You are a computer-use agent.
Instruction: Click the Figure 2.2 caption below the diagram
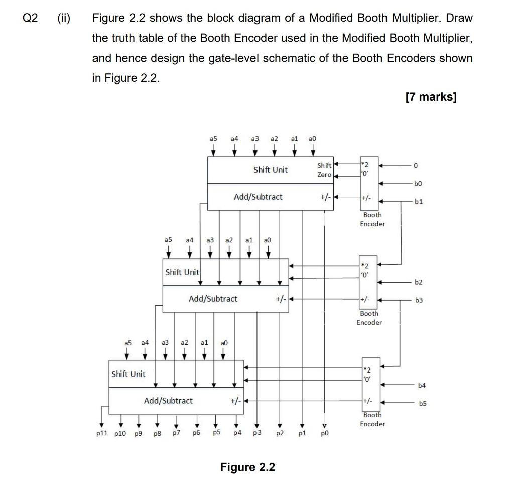247,467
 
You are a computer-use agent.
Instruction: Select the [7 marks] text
431,97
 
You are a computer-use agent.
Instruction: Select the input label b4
421,385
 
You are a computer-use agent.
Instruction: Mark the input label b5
424,403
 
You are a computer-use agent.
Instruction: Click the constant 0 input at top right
415,165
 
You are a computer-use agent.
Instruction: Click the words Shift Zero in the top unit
324,170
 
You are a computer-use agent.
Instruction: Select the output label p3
257,433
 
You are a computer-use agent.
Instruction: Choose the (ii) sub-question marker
64,18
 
